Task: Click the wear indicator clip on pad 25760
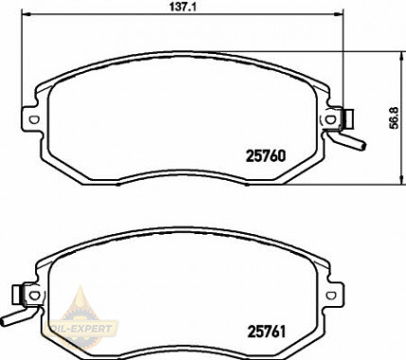346,119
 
